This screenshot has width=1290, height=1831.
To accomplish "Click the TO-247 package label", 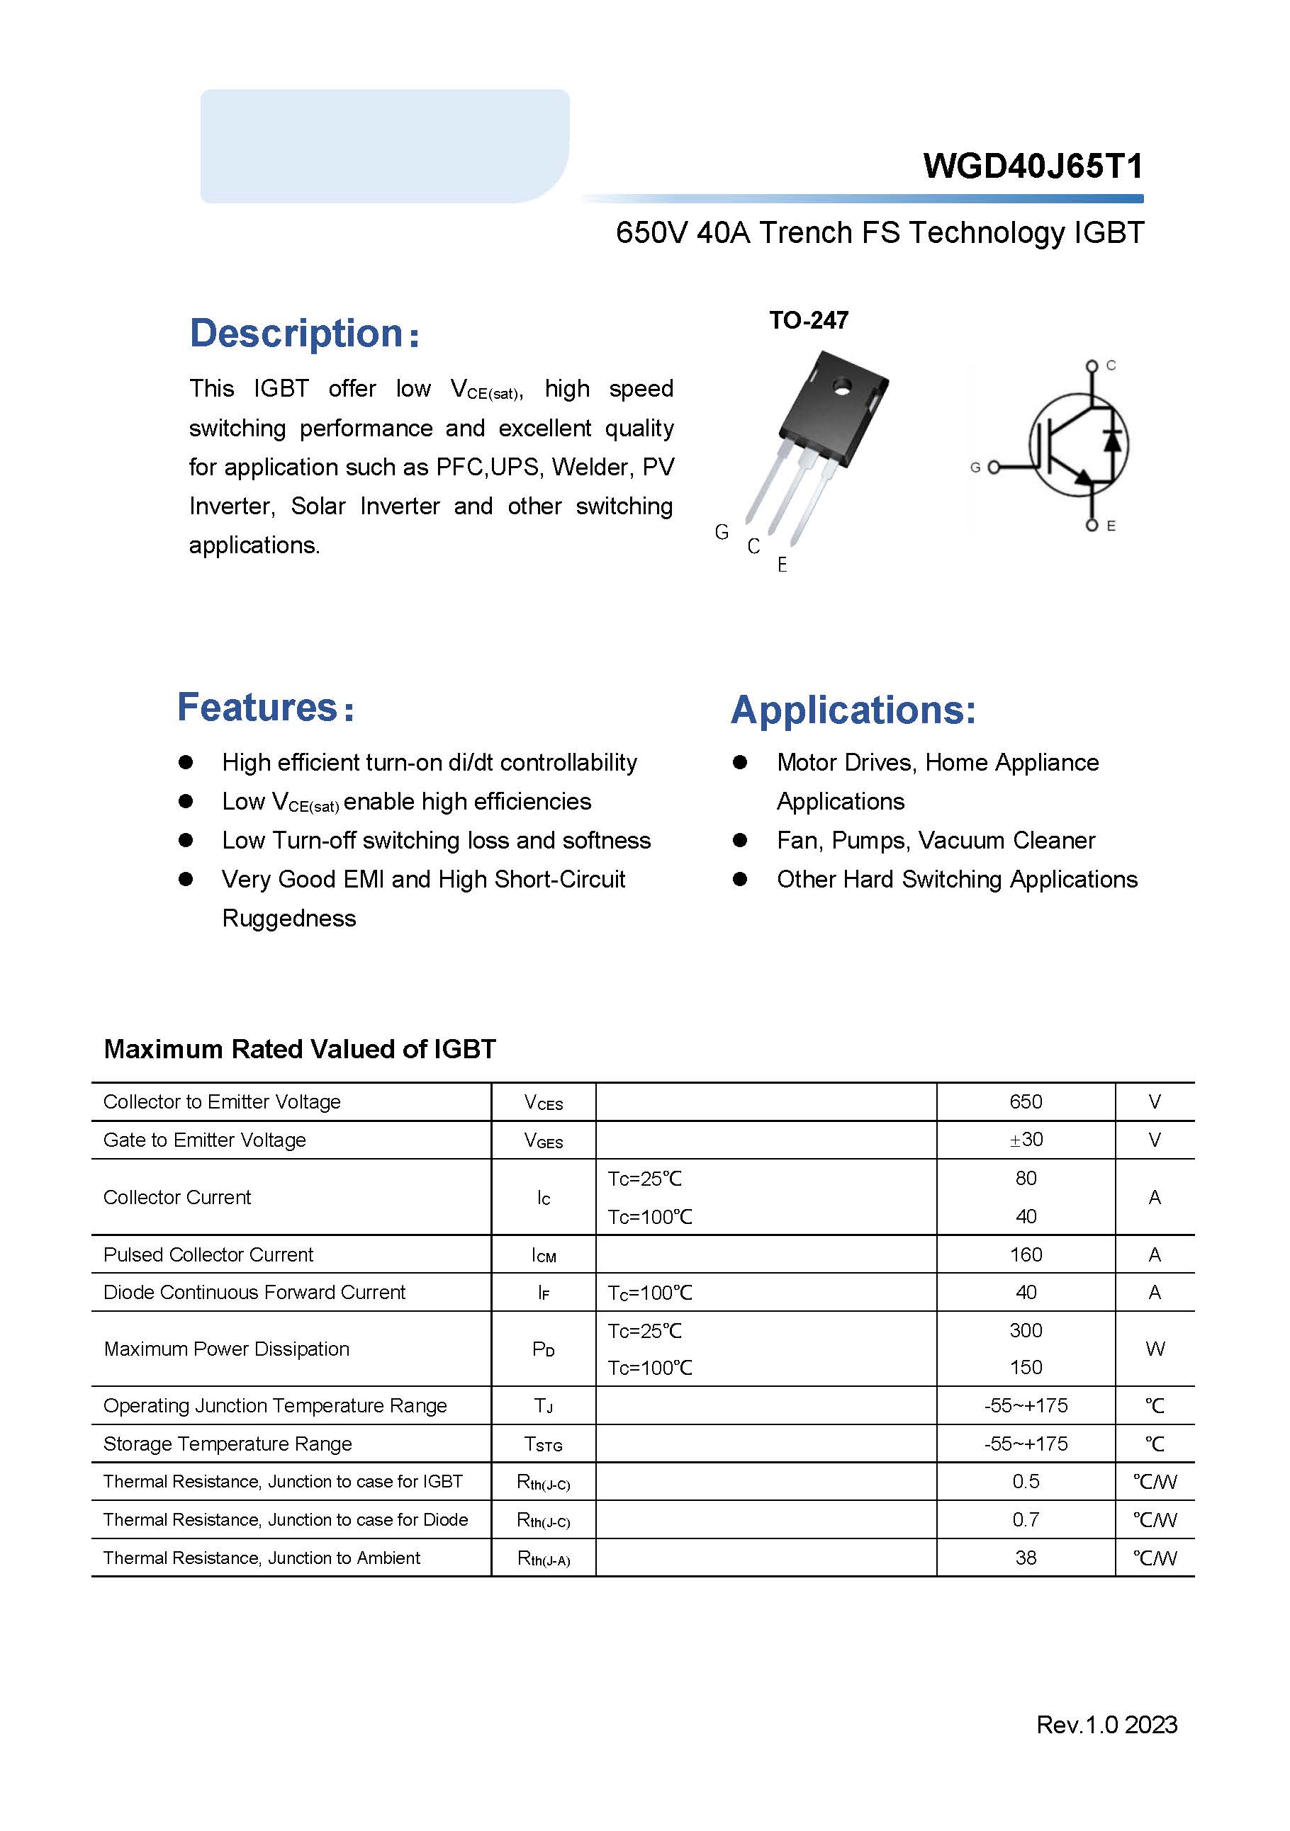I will (x=808, y=321).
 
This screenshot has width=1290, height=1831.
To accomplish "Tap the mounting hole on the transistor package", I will (x=841, y=388).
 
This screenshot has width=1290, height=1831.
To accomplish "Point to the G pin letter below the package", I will (x=721, y=532).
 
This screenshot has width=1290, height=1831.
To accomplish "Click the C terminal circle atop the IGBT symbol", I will (x=1092, y=366).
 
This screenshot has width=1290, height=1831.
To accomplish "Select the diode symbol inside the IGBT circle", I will (x=1112, y=440).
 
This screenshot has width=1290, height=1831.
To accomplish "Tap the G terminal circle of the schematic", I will (x=993, y=467).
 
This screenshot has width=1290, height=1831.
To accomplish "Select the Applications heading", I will (x=853, y=710).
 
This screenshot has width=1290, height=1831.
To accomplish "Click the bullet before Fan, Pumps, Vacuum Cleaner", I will (x=739, y=841).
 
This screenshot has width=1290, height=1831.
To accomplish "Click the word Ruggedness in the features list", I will (x=288, y=919).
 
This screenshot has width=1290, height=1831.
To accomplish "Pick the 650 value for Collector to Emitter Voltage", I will (x=1025, y=1102).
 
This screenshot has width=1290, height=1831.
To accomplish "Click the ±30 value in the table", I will (x=1025, y=1140).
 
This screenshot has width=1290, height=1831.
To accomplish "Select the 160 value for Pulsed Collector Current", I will (x=1025, y=1254).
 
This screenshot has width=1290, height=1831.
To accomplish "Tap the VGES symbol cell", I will (x=543, y=1140).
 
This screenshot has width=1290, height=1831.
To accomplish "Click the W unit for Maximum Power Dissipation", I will (x=1155, y=1349).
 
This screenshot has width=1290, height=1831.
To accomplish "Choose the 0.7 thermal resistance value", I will (x=1025, y=1519).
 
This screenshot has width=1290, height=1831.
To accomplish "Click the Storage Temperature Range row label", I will (x=228, y=1444).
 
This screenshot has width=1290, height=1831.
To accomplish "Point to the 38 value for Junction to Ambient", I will (x=1025, y=1558).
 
